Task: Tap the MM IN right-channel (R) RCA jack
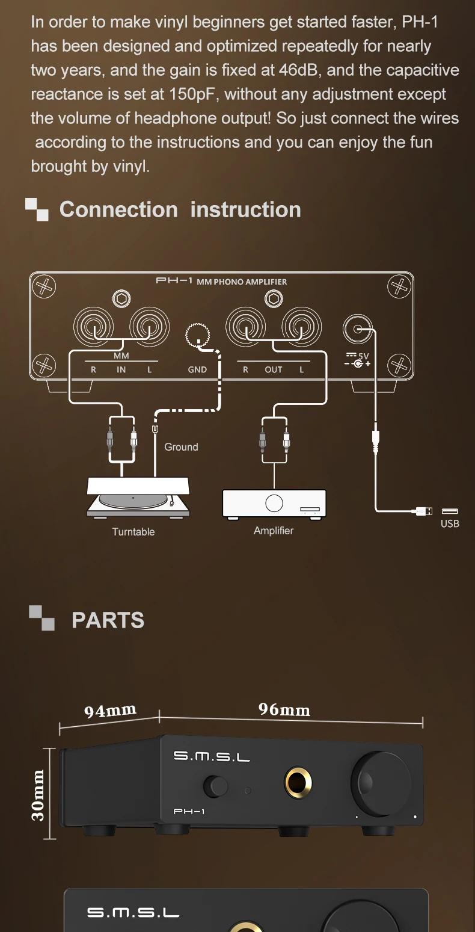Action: click(93, 327)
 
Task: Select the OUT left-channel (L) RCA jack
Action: click(302, 327)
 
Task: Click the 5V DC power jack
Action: click(358, 329)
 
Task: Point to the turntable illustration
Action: click(139, 498)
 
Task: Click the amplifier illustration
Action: click(274, 503)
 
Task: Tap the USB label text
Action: click(450, 523)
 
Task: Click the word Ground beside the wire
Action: click(181, 447)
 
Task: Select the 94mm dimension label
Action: click(110, 711)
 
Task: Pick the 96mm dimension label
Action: click(284, 710)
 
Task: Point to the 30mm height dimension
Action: click(38, 794)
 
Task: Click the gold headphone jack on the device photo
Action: click(298, 782)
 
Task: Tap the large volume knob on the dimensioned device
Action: click(382, 783)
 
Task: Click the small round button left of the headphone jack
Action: click(216, 785)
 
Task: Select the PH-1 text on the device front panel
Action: click(189, 812)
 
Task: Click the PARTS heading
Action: click(108, 620)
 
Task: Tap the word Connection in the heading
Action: click(118, 210)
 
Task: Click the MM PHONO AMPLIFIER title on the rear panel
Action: click(242, 282)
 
